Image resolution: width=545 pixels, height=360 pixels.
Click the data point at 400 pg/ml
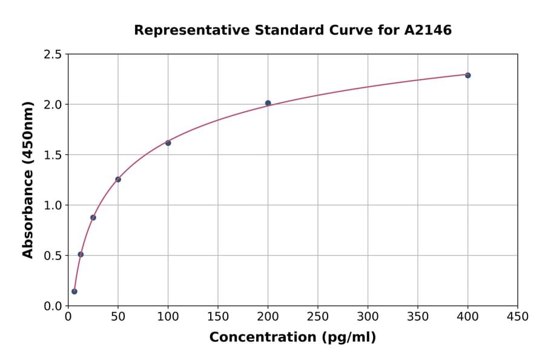467,75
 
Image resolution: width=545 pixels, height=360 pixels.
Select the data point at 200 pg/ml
268,103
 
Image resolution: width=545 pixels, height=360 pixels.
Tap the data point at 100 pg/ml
168,143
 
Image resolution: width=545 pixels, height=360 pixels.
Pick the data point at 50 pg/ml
118,179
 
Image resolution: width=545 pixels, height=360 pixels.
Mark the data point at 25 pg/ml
93,218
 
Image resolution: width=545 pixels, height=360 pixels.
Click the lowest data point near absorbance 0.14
74,292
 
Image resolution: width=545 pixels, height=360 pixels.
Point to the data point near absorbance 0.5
81,255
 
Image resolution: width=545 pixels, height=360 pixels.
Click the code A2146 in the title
428,30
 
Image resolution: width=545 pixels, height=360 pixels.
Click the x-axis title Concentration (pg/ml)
292,338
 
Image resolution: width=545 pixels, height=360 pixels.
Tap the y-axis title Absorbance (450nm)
28,179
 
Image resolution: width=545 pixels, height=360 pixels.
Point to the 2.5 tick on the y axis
53,55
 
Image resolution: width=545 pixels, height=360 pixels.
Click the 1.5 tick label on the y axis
53,155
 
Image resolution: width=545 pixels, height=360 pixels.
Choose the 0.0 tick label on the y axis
53,306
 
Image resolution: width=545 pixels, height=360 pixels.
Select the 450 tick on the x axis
517,317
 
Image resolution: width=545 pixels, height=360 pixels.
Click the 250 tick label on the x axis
318,317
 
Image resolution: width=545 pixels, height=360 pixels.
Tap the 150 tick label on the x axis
218,317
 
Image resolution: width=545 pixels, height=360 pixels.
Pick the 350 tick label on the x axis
418,317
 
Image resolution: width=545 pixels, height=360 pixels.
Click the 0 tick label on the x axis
68,317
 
